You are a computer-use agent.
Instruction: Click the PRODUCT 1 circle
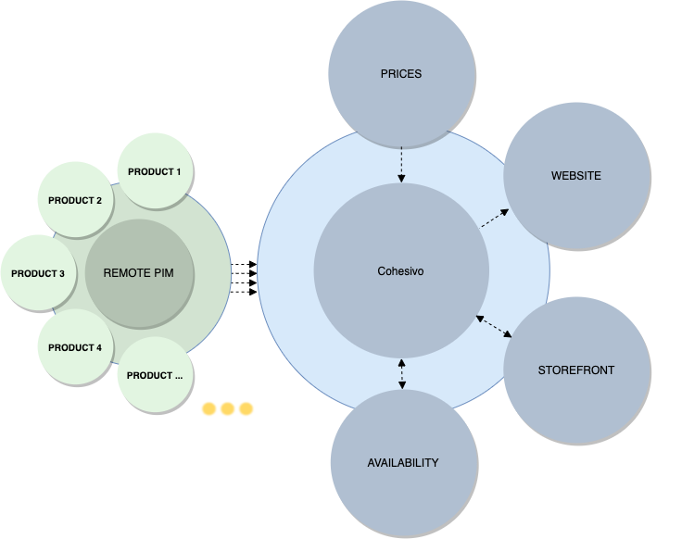point(156,170)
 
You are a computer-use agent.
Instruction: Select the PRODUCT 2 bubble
point(76,199)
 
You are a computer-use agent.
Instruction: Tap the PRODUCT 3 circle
point(38,273)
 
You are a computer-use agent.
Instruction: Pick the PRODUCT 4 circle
point(76,347)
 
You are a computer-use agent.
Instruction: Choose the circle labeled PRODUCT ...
point(156,375)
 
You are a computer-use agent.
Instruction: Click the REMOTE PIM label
point(138,273)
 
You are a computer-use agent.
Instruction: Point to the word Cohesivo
point(400,271)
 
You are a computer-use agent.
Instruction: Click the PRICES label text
point(401,74)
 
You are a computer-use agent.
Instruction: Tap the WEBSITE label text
point(575,176)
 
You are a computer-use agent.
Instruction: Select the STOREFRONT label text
point(575,370)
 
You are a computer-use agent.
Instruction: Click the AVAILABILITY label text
point(403,462)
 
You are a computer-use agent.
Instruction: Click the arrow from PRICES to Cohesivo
point(401,165)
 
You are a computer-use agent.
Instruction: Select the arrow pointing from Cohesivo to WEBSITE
point(494,219)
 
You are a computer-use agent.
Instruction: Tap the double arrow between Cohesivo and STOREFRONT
point(494,326)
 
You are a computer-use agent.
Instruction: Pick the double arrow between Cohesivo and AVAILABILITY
point(402,374)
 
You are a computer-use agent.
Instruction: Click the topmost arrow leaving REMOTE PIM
point(244,264)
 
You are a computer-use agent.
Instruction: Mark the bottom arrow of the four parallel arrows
point(244,292)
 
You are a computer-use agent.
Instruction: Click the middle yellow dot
point(227,409)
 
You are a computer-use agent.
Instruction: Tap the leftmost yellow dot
point(208,409)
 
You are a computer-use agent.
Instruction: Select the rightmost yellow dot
point(246,409)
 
